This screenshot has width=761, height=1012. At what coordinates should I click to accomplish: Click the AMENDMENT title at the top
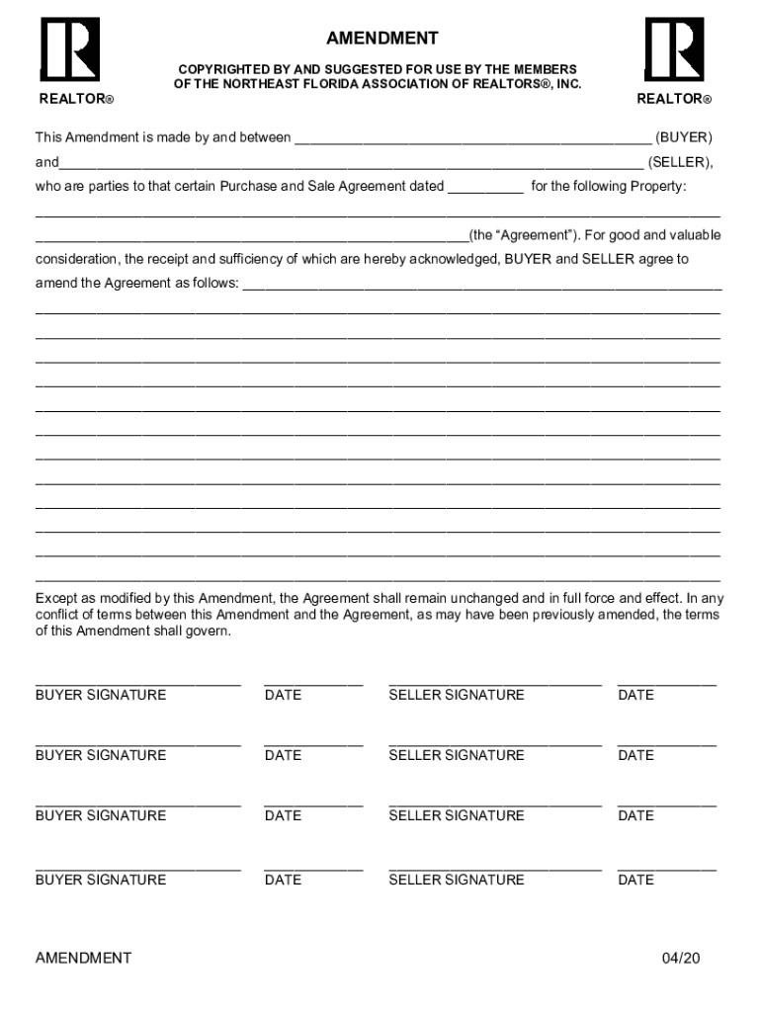tap(381, 39)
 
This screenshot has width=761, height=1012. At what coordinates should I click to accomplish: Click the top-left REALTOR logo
tap(69, 49)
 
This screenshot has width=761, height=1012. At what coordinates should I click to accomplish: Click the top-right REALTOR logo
tap(674, 49)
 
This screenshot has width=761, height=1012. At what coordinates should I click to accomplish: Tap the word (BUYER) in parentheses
tap(684, 137)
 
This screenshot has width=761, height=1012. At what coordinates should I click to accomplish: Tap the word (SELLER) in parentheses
tap(680, 161)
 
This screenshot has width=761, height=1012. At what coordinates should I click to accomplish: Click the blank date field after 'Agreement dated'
tap(485, 188)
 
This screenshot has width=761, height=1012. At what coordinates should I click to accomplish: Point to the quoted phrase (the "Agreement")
tap(524, 235)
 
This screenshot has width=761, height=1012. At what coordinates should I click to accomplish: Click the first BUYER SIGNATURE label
tap(101, 695)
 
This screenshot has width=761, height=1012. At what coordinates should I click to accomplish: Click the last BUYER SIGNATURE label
tap(101, 880)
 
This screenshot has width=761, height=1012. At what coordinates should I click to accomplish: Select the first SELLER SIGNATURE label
tap(457, 695)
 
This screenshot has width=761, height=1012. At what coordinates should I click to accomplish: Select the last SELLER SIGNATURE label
tap(457, 880)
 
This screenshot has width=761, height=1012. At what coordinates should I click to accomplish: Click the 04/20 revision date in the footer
tap(681, 958)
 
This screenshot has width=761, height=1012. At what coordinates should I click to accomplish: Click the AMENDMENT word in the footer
tap(83, 958)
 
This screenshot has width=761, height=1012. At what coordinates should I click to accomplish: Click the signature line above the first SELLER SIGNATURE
tap(494, 682)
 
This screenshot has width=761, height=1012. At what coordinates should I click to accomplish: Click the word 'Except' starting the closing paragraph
tap(56, 598)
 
